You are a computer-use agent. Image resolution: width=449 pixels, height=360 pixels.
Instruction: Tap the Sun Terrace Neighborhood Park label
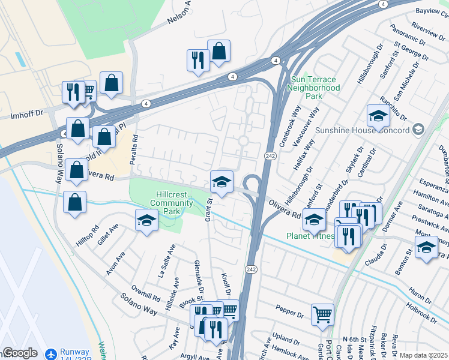(x=314, y=88)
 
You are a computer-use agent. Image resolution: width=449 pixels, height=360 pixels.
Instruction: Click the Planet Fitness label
(x=310, y=236)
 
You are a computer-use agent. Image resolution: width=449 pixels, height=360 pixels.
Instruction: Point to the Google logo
(x=20, y=353)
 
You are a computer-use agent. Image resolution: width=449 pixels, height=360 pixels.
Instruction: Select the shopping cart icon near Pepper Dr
(x=322, y=314)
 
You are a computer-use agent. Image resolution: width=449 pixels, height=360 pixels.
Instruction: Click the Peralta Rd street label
(x=135, y=146)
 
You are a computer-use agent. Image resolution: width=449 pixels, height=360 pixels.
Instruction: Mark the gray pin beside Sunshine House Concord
(x=418, y=130)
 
